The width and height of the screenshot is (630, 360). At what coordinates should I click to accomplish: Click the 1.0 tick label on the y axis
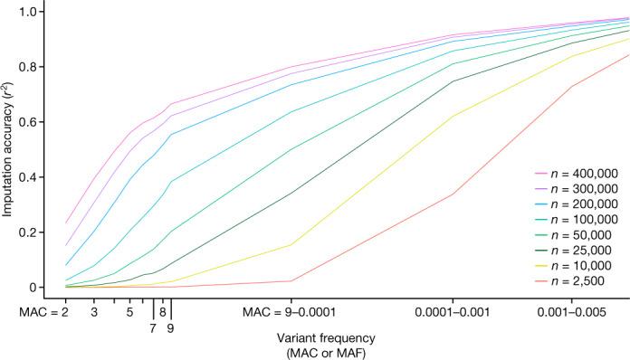[x=33, y=12]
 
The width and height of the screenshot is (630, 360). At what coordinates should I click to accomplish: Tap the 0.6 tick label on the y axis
[x=33, y=122]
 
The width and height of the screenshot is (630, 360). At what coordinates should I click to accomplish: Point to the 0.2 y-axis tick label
[x=33, y=232]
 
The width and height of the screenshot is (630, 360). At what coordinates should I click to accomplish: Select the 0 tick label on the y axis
[x=39, y=288]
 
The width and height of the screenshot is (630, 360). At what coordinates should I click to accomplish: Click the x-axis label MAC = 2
[x=44, y=311]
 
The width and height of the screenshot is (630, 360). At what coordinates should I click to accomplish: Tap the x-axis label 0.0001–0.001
[x=453, y=311]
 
